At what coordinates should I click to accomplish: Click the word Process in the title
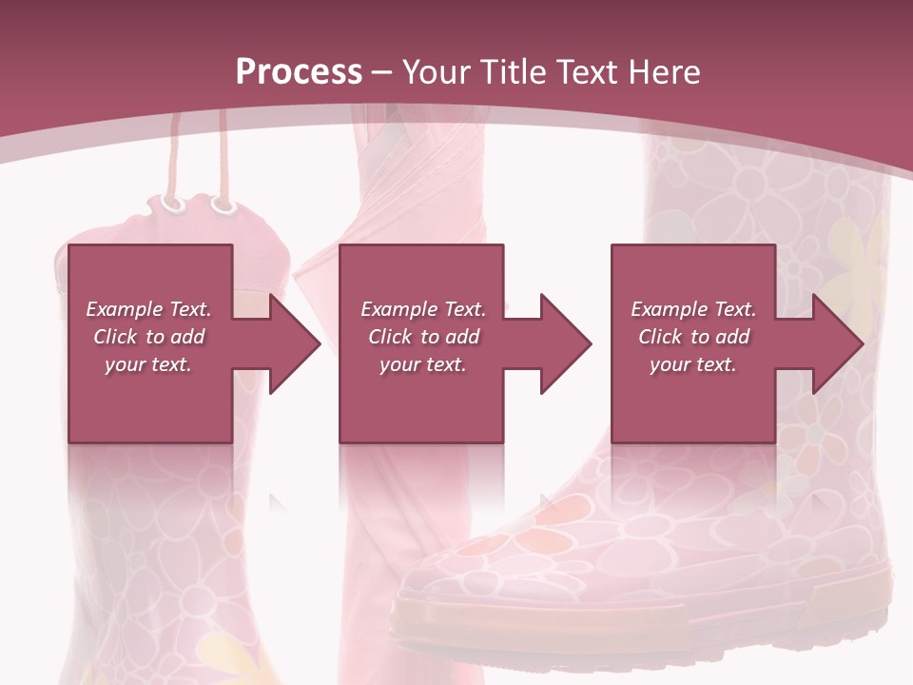coord(299,71)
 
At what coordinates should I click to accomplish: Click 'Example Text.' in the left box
coord(148,309)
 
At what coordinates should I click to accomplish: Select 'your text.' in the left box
coord(148,364)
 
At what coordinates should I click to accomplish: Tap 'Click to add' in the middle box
coord(423,337)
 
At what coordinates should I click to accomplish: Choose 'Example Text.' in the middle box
coord(423,309)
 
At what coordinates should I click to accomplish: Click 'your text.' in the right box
coord(693,364)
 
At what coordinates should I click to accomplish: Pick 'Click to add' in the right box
coord(693,337)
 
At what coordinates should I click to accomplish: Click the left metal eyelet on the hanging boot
coord(171,204)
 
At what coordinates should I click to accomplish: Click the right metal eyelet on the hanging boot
coord(223,205)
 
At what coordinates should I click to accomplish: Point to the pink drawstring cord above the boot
coord(224,152)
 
